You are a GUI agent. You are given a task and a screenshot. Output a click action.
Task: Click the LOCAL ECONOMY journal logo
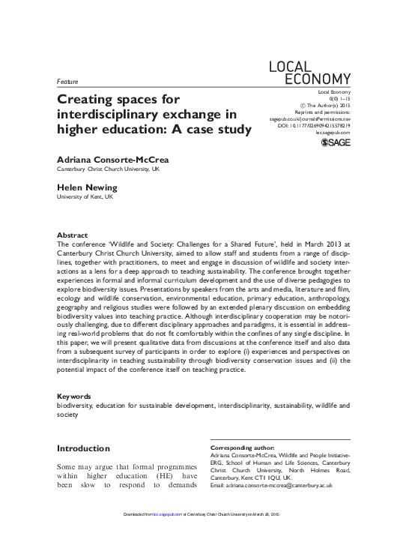(309, 71)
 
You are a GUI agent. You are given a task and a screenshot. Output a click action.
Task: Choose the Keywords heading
(74, 396)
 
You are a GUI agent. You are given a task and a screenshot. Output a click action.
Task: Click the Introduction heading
(83, 448)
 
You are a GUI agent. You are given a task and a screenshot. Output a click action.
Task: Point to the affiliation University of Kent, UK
(85, 196)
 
